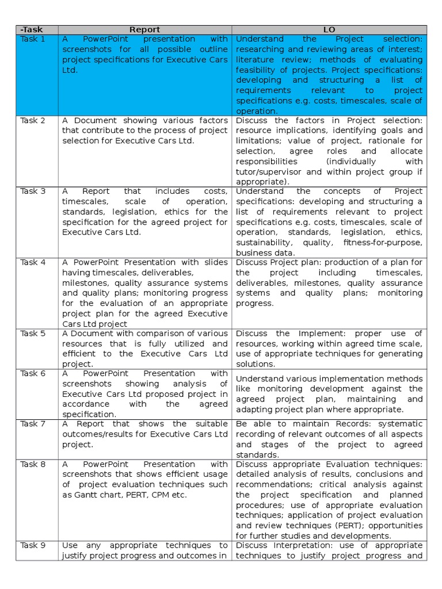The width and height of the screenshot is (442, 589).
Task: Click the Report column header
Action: coord(144,29)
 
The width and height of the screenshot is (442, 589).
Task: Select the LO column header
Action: coord(329,29)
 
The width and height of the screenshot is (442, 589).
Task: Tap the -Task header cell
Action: coord(31,29)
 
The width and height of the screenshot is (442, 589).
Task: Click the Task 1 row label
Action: coord(33,39)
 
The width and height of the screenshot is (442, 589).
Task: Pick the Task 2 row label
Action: coord(33,121)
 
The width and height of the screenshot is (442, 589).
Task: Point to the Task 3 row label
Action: coord(33,191)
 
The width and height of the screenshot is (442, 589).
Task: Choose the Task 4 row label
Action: coord(33,262)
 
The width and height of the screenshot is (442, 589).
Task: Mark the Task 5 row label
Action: coord(33,334)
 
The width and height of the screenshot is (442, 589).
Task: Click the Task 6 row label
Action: coord(33,373)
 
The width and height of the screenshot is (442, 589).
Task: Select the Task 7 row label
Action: coord(33,424)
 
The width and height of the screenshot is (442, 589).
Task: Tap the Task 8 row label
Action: coord(33,464)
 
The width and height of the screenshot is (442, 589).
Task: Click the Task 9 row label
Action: coord(33,545)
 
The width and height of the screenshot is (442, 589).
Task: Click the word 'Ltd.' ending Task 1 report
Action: coord(70,70)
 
